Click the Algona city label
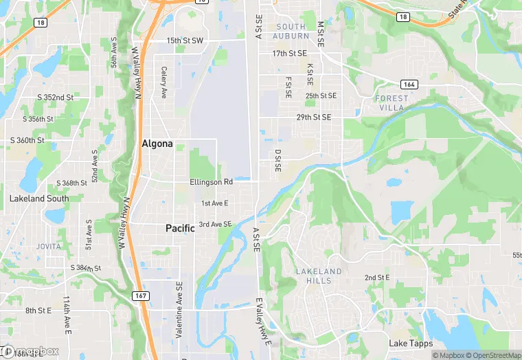(x=157, y=144)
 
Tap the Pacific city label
(x=180, y=228)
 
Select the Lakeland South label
(x=39, y=199)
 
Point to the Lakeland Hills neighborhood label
(x=319, y=276)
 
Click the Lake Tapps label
(x=410, y=344)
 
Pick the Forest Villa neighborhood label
(x=391, y=103)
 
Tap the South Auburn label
(x=291, y=31)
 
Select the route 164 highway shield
(x=410, y=84)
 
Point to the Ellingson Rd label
(x=212, y=182)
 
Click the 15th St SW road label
(x=185, y=41)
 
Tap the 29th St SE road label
(x=314, y=117)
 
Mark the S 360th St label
(x=27, y=140)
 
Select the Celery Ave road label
(x=163, y=82)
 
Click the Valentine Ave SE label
(x=179, y=311)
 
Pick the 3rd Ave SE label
(x=216, y=225)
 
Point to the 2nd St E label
(x=377, y=278)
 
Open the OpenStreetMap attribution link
(x=492, y=355)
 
